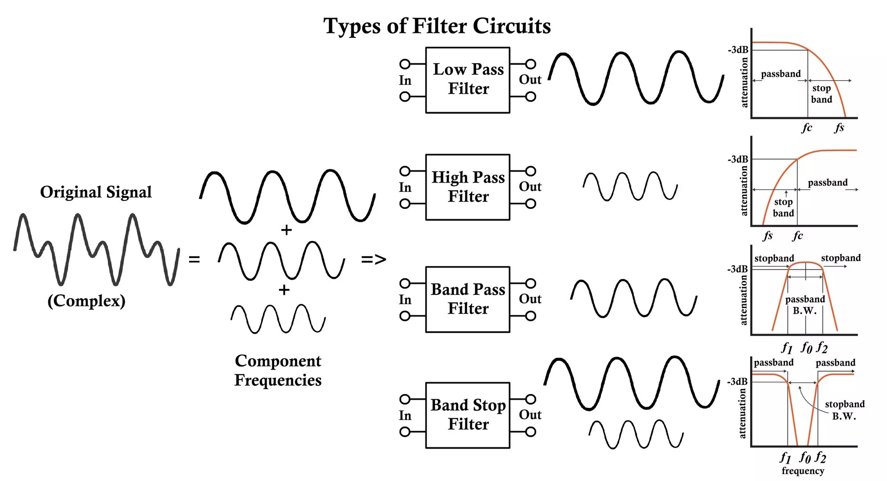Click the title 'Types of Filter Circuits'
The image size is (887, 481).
pyautogui.click(x=437, y=26)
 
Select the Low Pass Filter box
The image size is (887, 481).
pyautogui.click(x=468, y=80)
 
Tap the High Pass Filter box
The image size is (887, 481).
pyautogui.click(x=468, y=187)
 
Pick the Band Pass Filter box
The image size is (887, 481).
pyautogui.click(x=468, y=299)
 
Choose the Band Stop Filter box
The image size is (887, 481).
pyautogui.click(x=468, y=415)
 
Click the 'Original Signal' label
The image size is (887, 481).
pyautogui.click(x=96, y=192)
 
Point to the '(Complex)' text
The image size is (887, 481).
pyautogui.click(x=86, y=301)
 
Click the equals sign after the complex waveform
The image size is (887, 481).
pyautogui.click(x=194, y=259)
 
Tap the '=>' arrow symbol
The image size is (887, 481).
pyautogui.click(x=374, y=259)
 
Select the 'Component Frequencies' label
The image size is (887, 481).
pyautogui.click(x=278, y=370)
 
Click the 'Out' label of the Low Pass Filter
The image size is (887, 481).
pyautogui.click(x=530, y=80)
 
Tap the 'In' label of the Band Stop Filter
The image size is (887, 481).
pyautogui.click(x=405, y=416)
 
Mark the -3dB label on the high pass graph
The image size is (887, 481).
pyautogui.click(x=738, y=159)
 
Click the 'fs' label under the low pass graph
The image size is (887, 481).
pyautogui.click(x=839, y=128)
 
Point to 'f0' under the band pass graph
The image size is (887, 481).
pyautogui.click(x=806, y=347)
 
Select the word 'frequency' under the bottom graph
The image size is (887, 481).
pyautogui.click(x=803, y=471)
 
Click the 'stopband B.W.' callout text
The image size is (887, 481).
pyautogui.click(x=844, y=410)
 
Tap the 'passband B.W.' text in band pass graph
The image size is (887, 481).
pyautogui.click(x=805, y=305)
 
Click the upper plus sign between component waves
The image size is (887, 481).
pyautogui.click(x=286, y=230)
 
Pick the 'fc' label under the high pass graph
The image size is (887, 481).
pyautogui.click(x=797, y=236)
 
